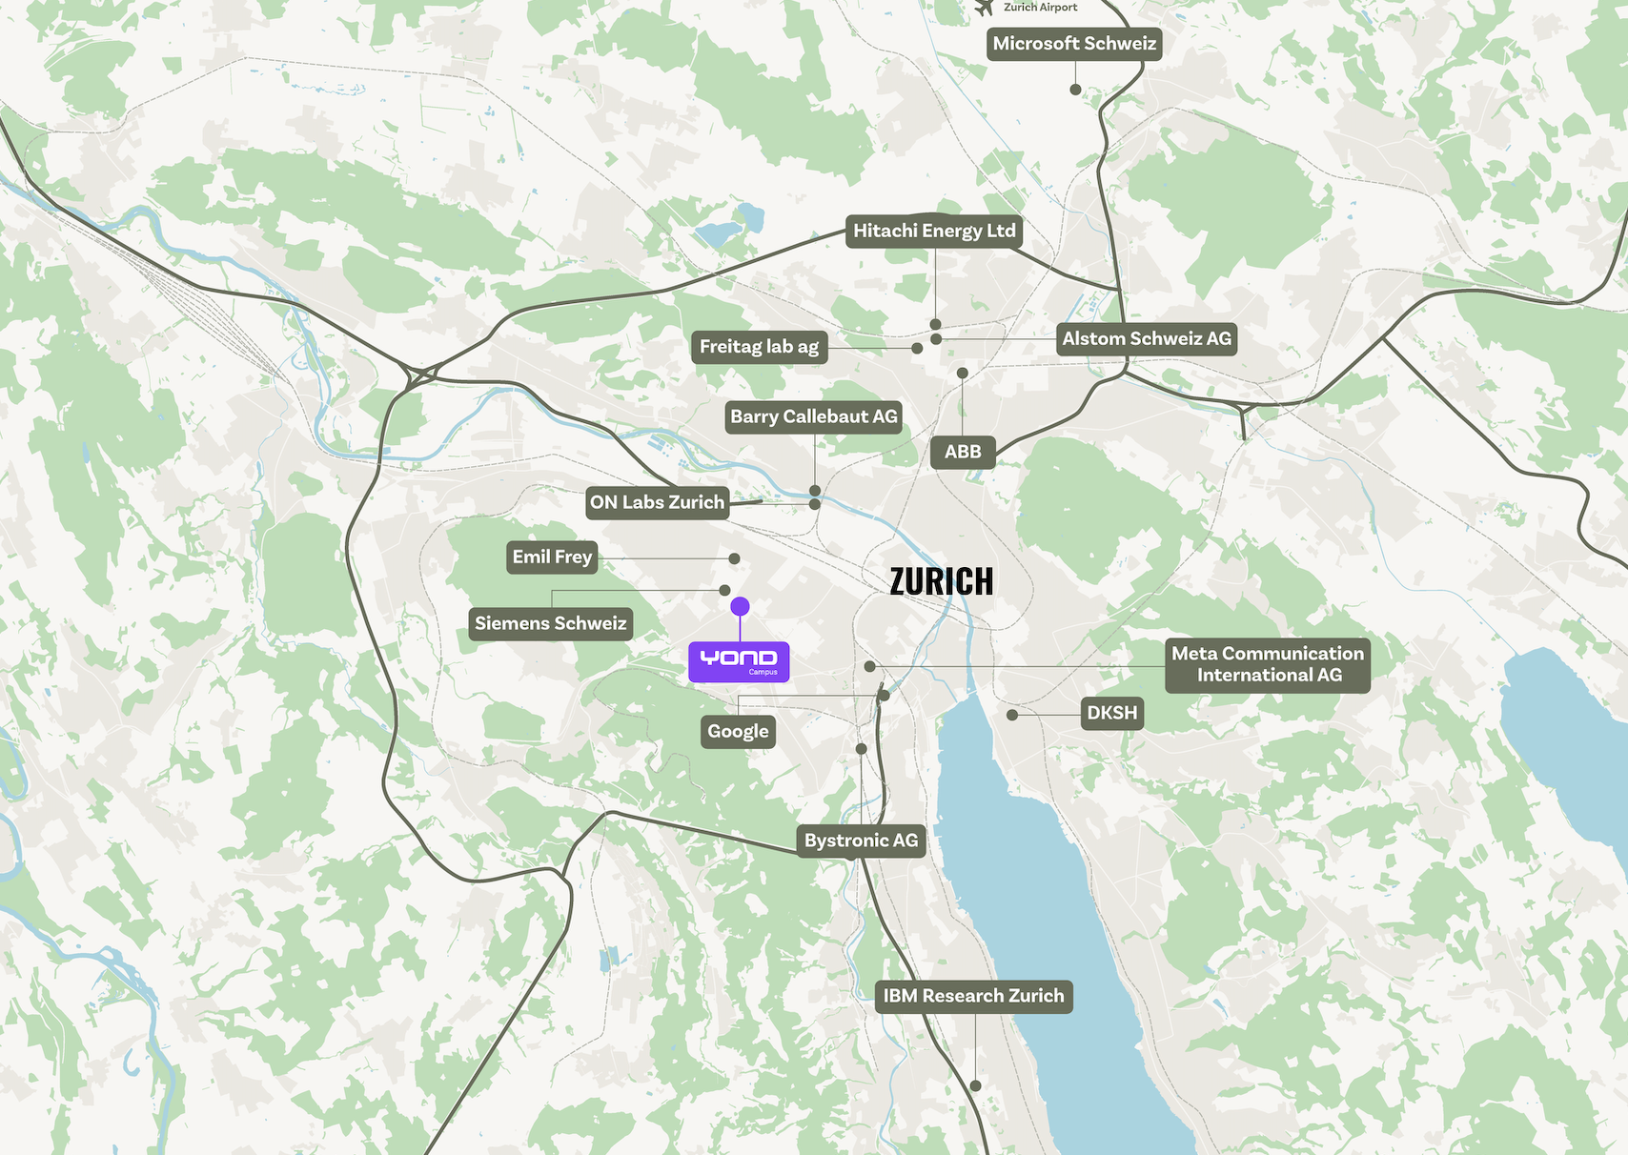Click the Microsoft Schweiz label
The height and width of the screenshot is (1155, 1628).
point(1074,44)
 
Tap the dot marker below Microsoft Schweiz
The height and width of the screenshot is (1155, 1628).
point(1075,90)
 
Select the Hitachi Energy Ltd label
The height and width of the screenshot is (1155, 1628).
point(934,232)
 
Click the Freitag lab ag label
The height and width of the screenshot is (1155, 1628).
point(759,347)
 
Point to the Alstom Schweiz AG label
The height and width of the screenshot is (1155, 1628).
point(1147,339)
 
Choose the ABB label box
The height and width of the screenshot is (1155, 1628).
point(963,452)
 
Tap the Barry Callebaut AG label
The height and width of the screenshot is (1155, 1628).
point(813,417)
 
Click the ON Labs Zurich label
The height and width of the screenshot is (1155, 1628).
point(657,503)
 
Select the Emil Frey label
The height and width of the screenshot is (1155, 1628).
point(552,557)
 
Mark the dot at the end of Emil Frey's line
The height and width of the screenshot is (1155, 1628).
point(734,559)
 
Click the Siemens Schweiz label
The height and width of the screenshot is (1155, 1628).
point(550,624)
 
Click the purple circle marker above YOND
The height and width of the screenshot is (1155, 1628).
point(740,606)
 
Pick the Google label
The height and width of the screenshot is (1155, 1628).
point(738,732)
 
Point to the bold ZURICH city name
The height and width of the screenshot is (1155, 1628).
point(941,581)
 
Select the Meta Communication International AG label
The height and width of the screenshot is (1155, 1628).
point(1267,665)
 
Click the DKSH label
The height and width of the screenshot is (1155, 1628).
point(1111,714)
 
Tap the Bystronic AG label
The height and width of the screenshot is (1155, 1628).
point(861,841)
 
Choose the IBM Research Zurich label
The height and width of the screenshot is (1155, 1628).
point(973,997)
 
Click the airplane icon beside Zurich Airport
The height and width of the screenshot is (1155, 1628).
point(985,8)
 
